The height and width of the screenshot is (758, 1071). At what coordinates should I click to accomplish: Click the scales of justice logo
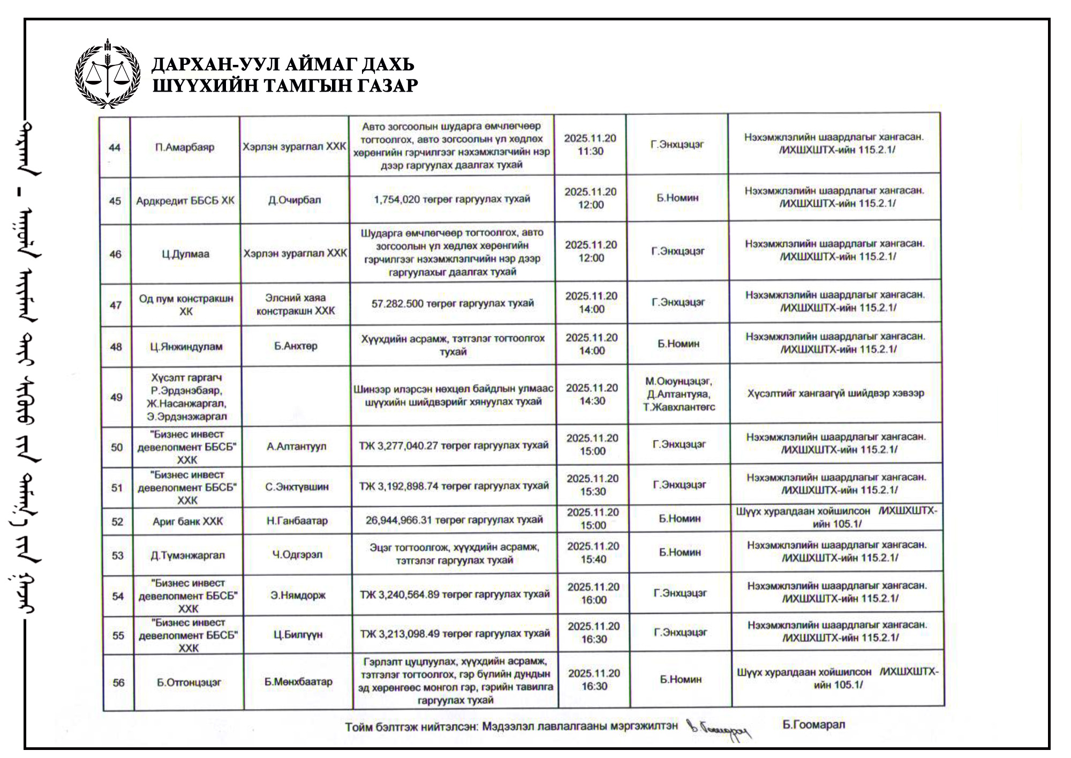[108, 74]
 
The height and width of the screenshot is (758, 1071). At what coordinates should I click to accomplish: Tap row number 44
[115, 147]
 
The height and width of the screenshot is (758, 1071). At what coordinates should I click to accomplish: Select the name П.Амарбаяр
[185, 147]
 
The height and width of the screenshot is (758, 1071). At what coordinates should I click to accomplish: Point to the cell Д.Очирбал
[295, 200]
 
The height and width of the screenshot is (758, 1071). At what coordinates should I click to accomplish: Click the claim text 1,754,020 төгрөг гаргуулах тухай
[452, 199]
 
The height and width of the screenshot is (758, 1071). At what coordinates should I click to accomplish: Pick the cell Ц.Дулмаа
[185, 254]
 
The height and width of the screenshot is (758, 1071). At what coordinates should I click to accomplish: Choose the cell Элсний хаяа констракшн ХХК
[296, 304]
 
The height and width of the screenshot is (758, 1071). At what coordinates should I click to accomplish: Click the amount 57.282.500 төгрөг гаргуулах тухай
[452, 303]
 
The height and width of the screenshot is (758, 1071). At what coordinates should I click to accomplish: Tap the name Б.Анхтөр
[296, 346]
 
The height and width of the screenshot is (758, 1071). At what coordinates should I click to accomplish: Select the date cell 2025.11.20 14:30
[592, 395]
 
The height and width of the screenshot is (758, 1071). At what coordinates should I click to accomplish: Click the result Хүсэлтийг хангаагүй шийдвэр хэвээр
[836, 393]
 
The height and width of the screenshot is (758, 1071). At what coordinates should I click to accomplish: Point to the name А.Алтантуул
[297, 446]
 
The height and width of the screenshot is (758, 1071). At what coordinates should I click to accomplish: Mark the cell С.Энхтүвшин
[297, 487]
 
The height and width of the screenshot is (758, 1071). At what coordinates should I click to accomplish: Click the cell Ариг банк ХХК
[187, 521]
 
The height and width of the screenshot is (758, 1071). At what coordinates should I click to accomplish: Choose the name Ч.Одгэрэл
[297, 554]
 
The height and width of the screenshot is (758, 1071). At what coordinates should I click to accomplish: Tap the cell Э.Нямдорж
[298, 595]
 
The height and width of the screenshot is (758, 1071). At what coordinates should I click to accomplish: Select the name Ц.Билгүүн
[298, 635]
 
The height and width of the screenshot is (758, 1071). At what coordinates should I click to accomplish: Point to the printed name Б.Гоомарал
[813, 725]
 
